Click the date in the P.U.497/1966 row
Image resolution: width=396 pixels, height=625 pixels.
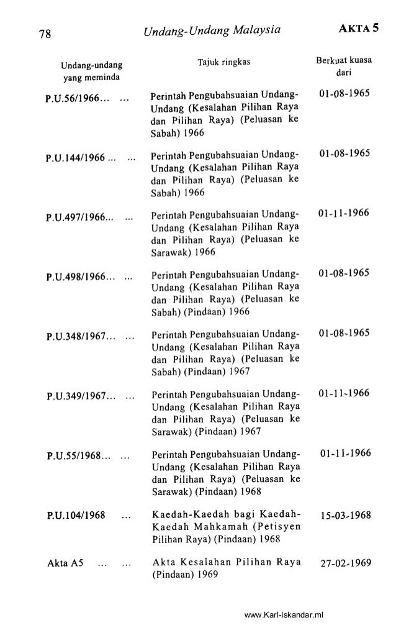343,214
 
